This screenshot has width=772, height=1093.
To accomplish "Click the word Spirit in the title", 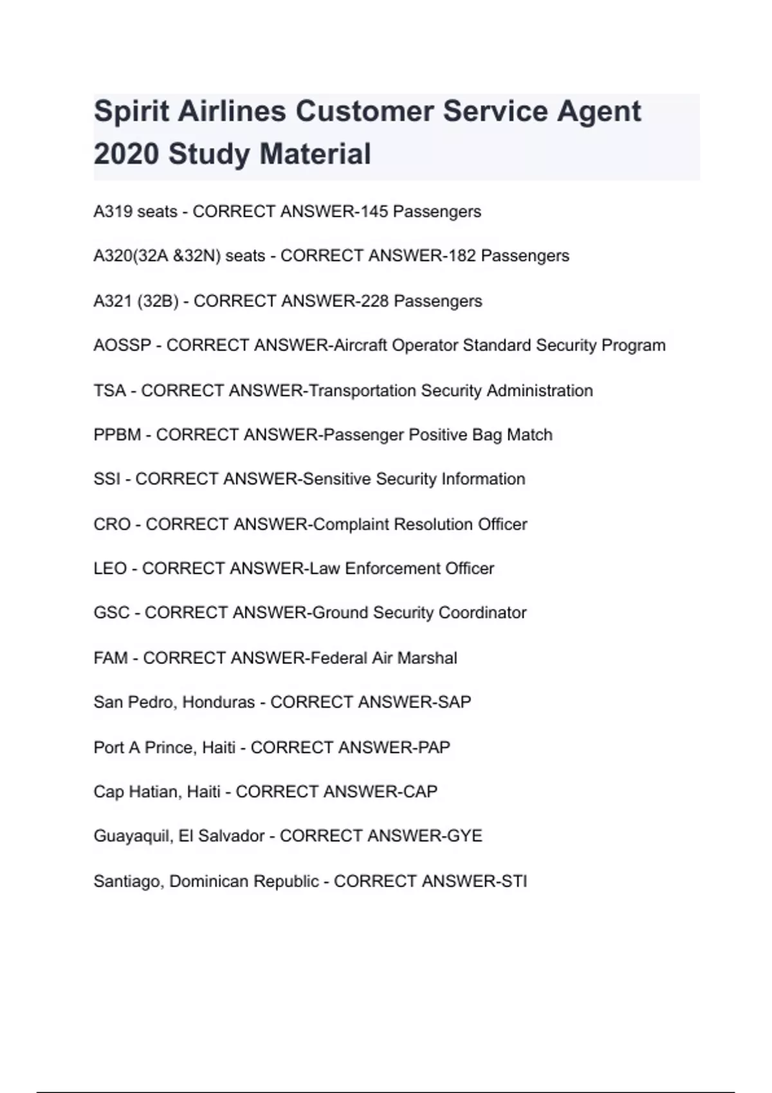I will pyautogui.click(x=131, y=112).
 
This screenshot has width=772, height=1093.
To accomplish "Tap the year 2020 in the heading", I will pyautogui.click(x=126, y=154).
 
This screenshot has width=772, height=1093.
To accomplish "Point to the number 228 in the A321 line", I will pyautogui.click(x=374, y=301).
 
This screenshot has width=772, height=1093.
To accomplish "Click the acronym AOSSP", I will pyautogui.click(x=122, y=345).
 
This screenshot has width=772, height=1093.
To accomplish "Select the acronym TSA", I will pyautogui.click(x=109, y=390).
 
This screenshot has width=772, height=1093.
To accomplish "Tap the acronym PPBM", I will pyautogui.click(x=117, y=435).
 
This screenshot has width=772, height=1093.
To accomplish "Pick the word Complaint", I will pyautogui.click(x=351, y=524).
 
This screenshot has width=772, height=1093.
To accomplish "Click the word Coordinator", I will pyautogui.click(x=482, y=613).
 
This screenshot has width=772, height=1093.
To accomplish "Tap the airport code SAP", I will pyautogui.click(x=454, y=701).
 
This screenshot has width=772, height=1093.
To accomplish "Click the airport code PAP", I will pyautogui.click(x=434, y=747).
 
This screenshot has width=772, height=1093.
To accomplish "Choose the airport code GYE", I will pyautogui.click(x=464, y=836).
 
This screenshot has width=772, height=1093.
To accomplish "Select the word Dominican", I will pyautogui.click(x=208, y=881).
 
